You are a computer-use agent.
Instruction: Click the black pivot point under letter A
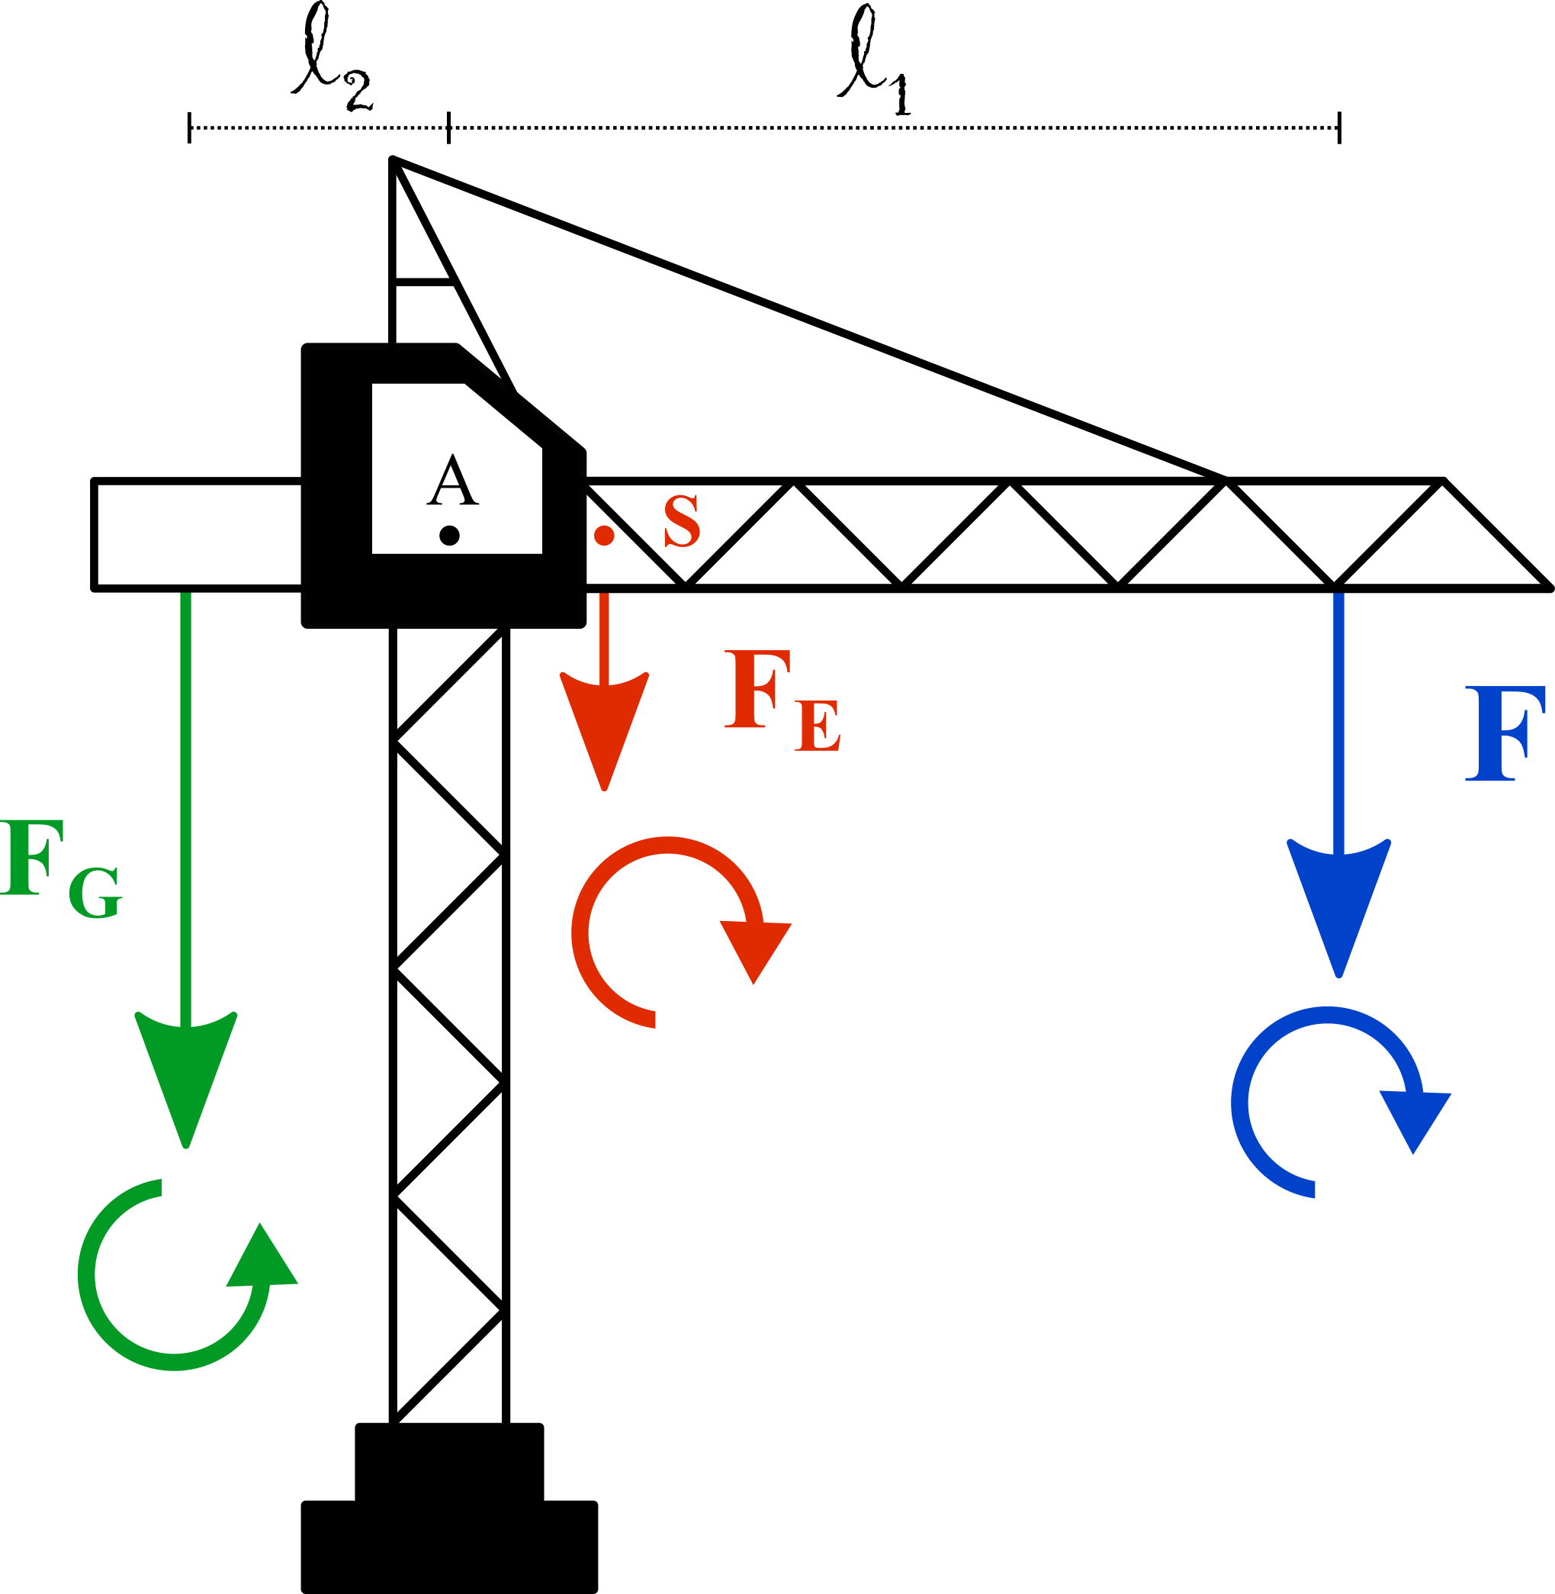tap(449, 536)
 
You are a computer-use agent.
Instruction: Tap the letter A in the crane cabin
tap(452, 480)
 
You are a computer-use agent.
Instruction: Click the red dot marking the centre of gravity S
tap(604, 536)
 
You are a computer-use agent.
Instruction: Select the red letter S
tap(682, 520)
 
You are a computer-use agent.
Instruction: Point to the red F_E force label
tap(782, 700)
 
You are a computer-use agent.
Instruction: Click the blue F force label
tap(1505, 734)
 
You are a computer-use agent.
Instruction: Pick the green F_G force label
tap(61, 869)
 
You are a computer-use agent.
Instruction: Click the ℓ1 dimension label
tap(874, 60)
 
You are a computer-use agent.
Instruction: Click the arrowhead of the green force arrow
tap(186, 1079)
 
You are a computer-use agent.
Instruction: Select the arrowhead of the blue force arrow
tap(1338, 908)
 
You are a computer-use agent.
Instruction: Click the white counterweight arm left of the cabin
tap(198, 534)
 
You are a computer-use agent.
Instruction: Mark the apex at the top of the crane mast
tap(393, 159)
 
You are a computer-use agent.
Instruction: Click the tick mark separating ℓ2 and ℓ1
tap(448, 127)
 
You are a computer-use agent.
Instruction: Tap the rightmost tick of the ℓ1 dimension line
tap(1339, 127)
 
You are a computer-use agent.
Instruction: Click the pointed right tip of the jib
tap(1550, 588)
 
